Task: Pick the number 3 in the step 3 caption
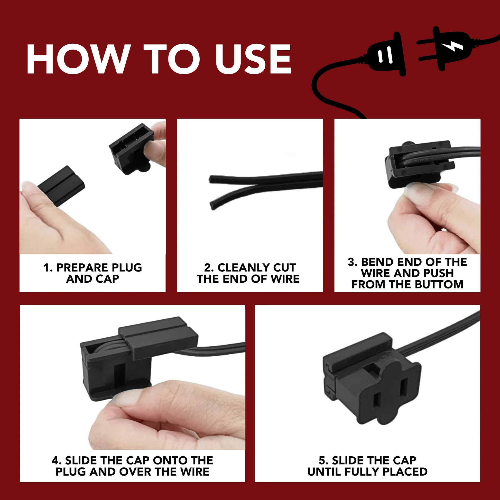351,262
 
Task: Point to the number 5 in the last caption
322,460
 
